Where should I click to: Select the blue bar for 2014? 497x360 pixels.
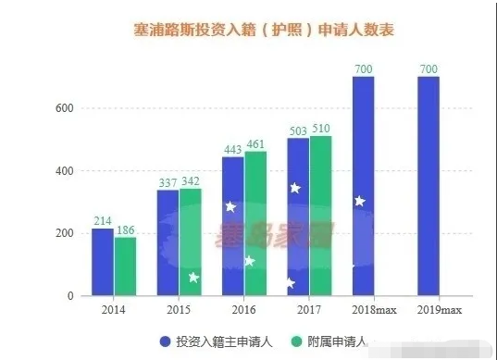102,262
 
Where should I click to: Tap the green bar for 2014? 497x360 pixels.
125,267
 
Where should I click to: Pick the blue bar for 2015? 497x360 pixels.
168,242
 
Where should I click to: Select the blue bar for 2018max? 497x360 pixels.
364,185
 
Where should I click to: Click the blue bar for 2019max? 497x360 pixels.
429,185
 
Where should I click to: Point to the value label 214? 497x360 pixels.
102,221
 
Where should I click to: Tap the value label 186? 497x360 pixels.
125,230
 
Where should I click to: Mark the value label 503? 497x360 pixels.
298,130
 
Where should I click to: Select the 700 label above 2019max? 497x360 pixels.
429,68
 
